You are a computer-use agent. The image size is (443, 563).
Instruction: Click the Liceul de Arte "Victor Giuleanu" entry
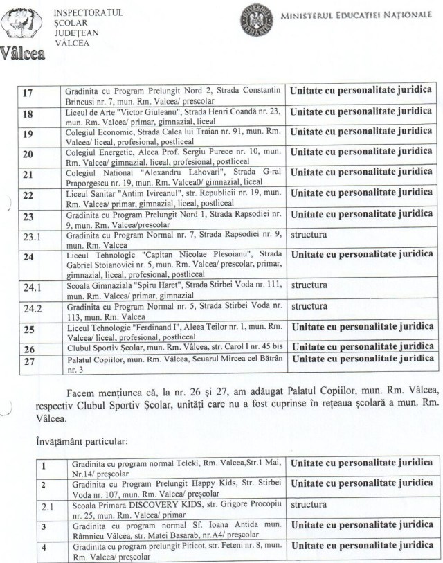173,114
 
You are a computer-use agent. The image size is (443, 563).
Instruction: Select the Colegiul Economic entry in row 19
173,135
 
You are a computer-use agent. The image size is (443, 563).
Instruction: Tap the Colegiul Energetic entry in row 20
173,156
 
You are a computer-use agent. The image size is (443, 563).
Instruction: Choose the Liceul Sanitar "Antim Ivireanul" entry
173,197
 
